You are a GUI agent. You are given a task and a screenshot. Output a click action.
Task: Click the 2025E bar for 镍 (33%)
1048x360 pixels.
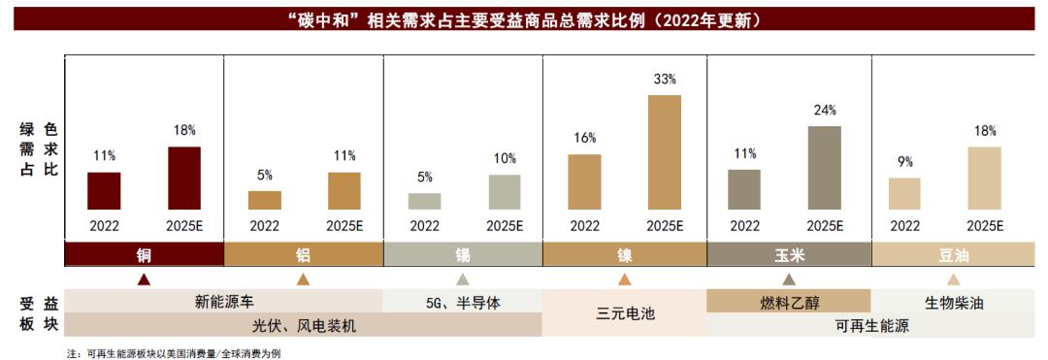665,152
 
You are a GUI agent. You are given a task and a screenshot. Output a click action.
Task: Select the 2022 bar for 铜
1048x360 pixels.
104,190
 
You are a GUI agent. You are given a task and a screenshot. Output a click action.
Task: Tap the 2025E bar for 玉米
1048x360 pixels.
824,168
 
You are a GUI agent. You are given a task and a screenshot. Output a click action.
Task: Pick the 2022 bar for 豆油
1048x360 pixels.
904,193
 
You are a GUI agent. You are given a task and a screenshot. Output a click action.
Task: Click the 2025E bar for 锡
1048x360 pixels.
505,192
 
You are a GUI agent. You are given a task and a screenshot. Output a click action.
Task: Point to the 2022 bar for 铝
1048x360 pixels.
264,200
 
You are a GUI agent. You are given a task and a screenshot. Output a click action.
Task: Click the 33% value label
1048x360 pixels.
665,79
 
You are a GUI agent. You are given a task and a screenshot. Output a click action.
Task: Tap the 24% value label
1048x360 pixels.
824,110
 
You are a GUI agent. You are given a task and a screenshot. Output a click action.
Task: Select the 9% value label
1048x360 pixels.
904,162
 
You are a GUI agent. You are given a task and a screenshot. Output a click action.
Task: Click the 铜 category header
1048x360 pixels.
144,255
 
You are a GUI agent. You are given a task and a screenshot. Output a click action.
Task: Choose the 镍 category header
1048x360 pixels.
624,255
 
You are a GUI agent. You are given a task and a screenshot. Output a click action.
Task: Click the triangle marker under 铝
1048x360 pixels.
303,279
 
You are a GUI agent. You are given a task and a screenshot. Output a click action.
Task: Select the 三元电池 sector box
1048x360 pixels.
624,313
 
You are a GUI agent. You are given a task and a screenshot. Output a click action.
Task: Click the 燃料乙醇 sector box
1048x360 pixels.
788,302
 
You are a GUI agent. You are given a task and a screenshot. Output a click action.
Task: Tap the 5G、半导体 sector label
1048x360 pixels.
463,302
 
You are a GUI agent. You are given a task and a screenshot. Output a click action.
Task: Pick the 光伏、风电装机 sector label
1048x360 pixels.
304,326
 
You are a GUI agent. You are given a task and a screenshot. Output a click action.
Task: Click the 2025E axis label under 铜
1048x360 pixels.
184,225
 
